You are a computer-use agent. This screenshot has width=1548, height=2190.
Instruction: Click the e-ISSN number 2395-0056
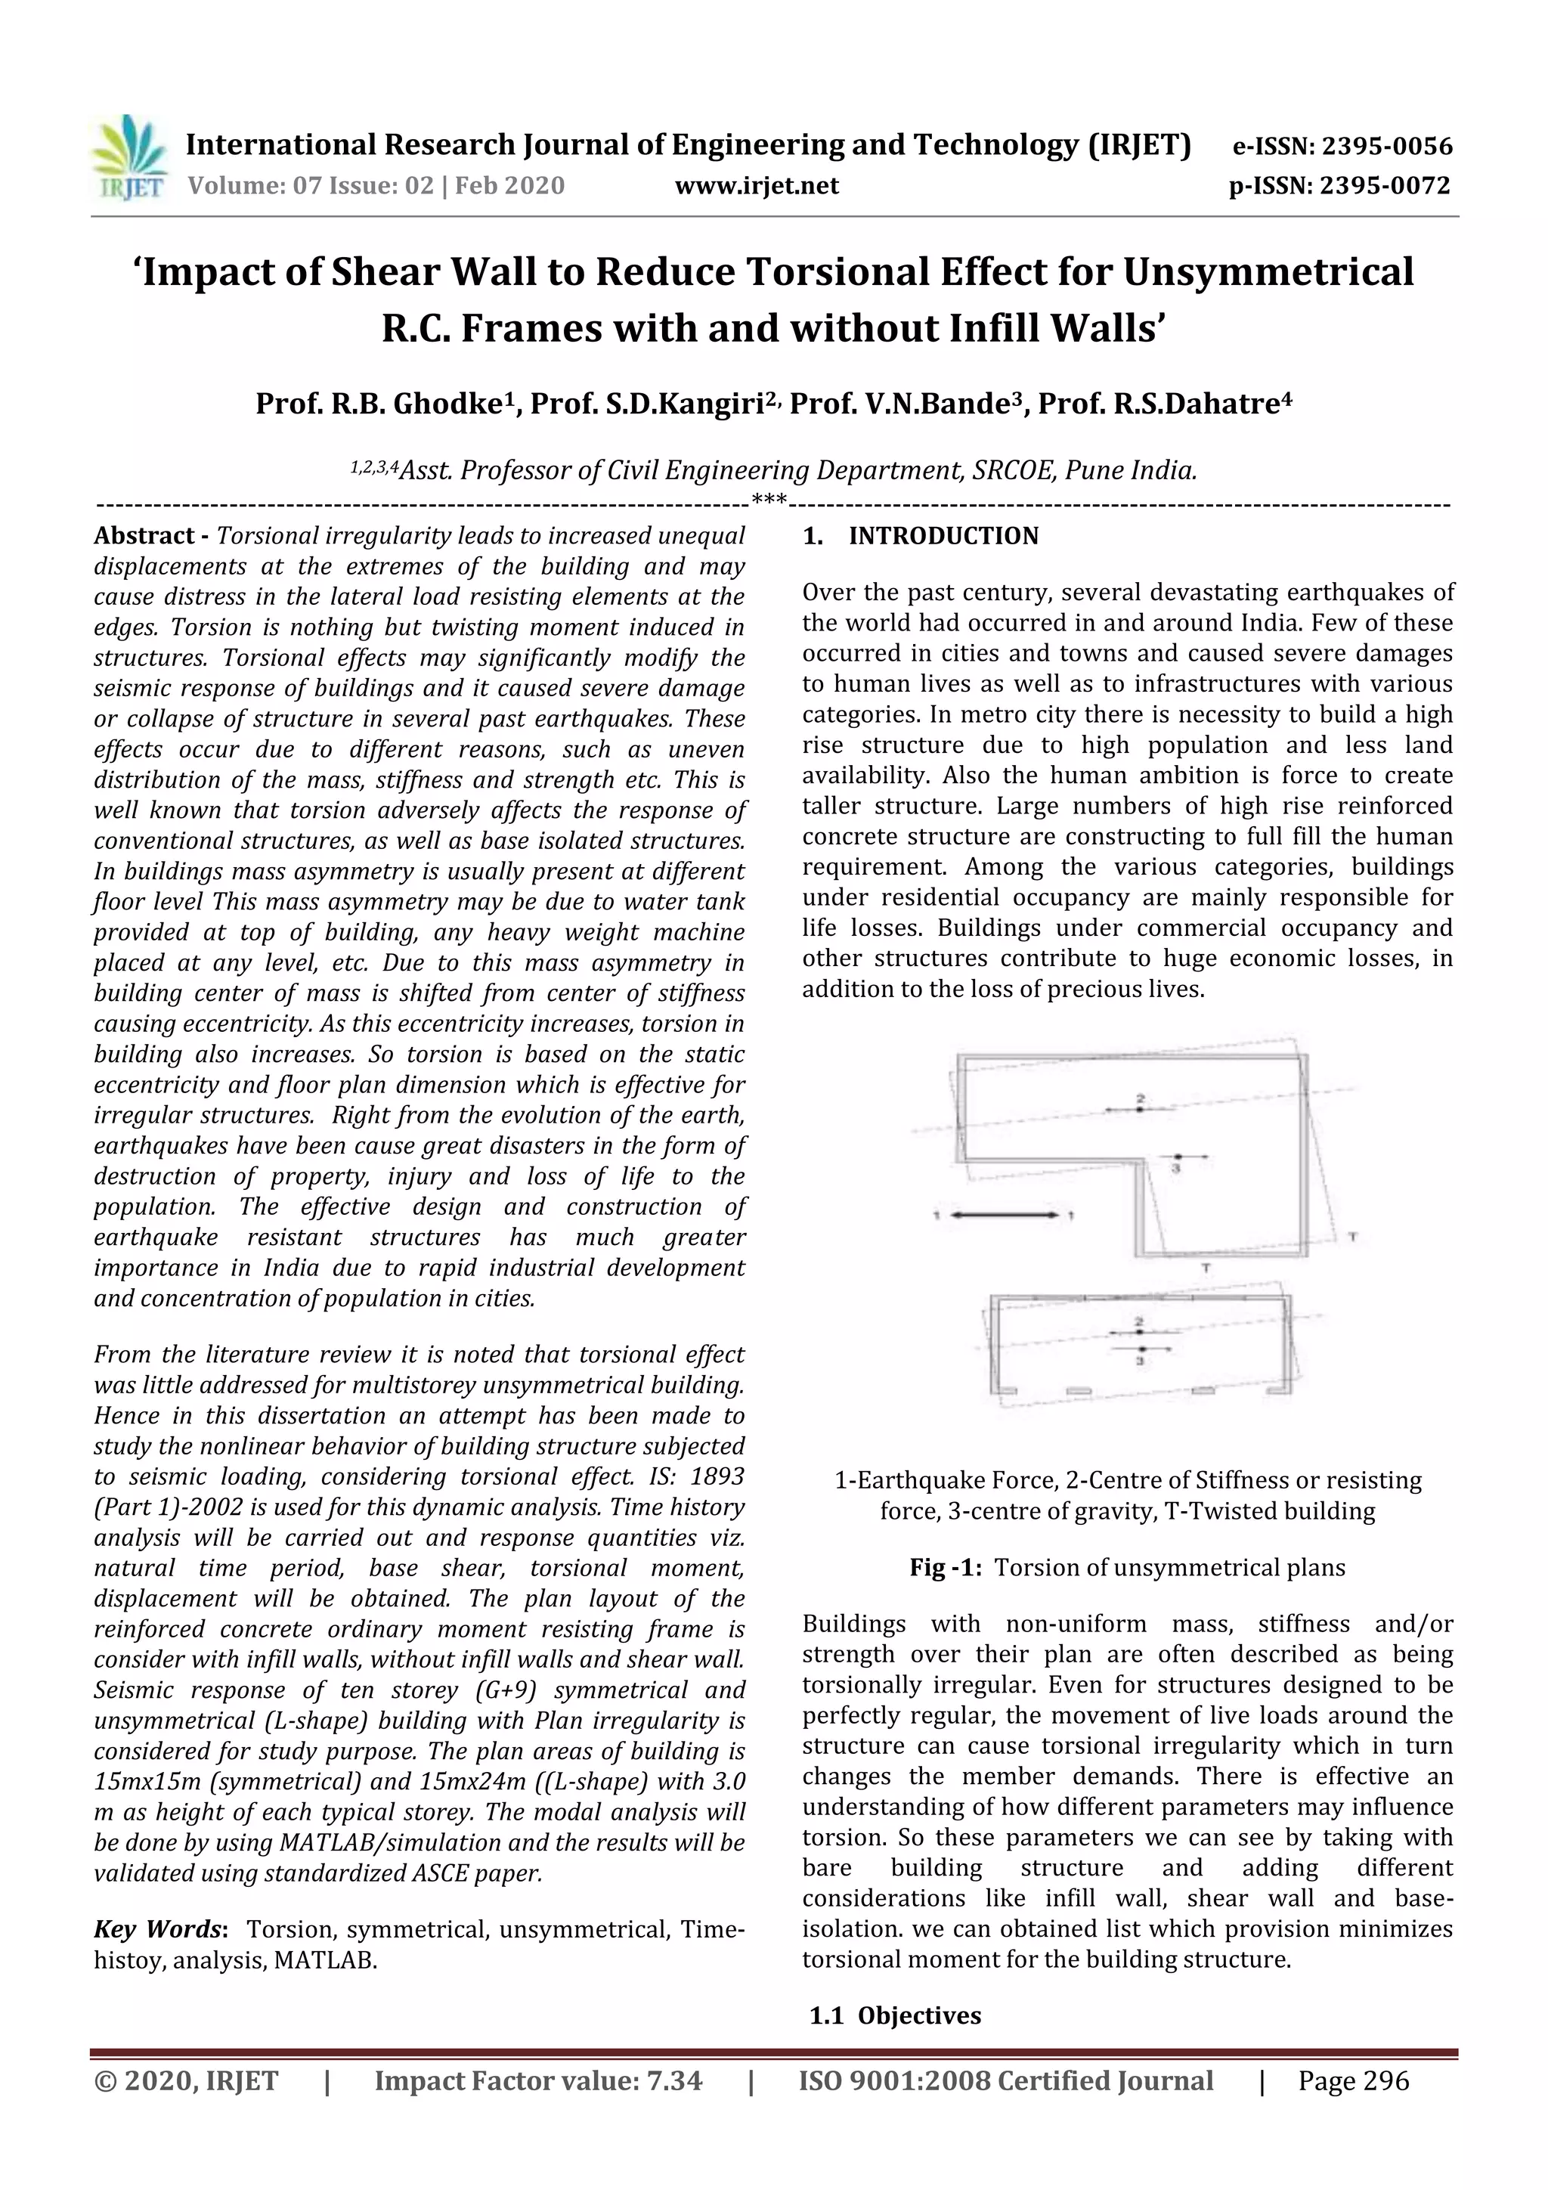(1383, 147)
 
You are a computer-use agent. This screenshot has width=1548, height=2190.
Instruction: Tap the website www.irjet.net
(757, 186)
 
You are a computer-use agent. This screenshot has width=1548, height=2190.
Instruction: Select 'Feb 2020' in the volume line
(509, 186)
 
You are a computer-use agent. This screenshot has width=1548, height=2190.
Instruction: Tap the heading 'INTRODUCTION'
(943, 536)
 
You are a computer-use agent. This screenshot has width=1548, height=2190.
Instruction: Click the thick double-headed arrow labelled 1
(1005, 1214)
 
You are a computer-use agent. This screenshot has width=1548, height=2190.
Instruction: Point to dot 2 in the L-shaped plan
(1140, 1109)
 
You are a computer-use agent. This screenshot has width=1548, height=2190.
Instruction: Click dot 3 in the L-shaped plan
(1177, 1157)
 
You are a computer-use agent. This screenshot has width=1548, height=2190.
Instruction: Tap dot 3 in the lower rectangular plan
(1139, 1349)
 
